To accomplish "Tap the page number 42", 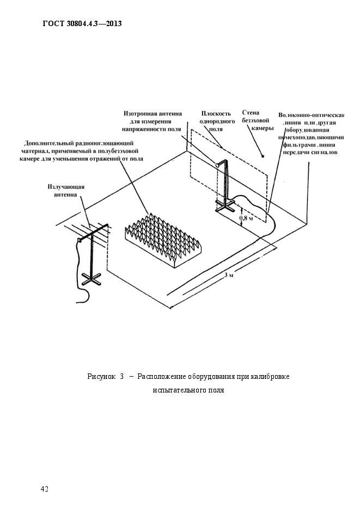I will [45, 489].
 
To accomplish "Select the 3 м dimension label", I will [229, 275].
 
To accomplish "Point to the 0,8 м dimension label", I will [246, 218].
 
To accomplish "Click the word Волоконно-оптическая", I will [312, 115].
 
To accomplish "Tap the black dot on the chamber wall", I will [263, 156].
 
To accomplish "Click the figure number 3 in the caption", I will [122, 377].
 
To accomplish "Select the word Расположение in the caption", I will [162, 377].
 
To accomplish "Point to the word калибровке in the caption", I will [270, 377].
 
